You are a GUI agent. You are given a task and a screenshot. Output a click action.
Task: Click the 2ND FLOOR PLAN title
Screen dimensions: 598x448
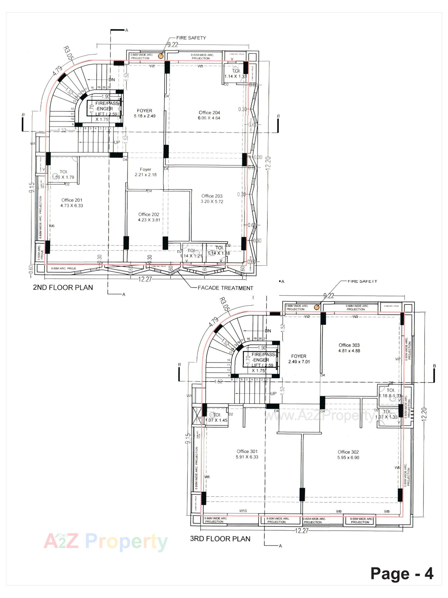point(63,287)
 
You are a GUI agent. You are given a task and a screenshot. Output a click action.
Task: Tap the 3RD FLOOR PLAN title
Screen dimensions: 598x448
point(220,538)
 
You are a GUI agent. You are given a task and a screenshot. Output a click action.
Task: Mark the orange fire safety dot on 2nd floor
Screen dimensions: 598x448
point(161,56)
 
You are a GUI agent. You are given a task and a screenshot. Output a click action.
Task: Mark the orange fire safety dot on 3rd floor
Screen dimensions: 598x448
point(317,307)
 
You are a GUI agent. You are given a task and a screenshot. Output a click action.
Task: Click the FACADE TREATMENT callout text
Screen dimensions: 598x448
point(225,288)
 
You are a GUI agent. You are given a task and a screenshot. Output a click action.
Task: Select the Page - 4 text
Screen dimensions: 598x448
point(401,573)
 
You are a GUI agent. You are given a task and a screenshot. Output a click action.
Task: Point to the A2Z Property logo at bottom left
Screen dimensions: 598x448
point(105,541)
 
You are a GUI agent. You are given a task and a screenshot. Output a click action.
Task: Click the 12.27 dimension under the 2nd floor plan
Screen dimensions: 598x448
point(145,279)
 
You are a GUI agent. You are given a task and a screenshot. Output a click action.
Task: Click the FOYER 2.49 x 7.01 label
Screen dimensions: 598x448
point(299,359)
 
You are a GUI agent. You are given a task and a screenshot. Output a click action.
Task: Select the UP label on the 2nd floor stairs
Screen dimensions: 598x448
point(117,142)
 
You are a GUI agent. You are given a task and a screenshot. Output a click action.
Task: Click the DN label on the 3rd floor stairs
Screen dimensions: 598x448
point(268,331)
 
